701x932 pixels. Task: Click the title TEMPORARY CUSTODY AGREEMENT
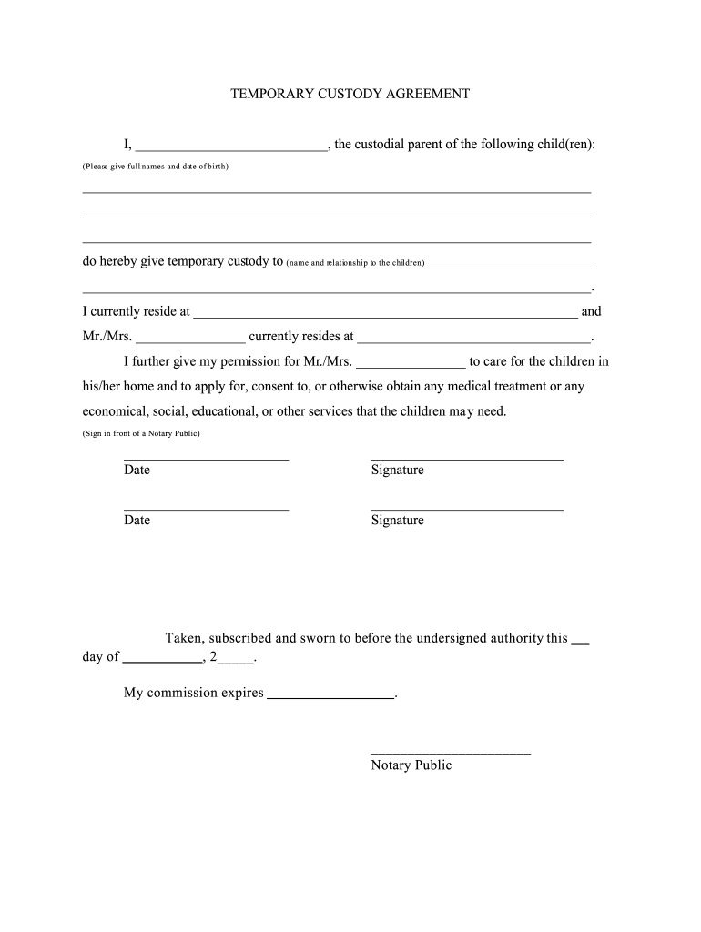point(350,94)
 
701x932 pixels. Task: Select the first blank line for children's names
point(337,191)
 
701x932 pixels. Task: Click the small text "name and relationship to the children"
point(355,263)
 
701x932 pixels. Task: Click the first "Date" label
point(137,471)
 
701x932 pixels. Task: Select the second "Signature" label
point(397,521)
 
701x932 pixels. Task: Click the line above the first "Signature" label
point(467,459)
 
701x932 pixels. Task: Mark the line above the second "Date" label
point(206,509)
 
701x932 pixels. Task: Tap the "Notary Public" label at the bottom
point(411,765)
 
